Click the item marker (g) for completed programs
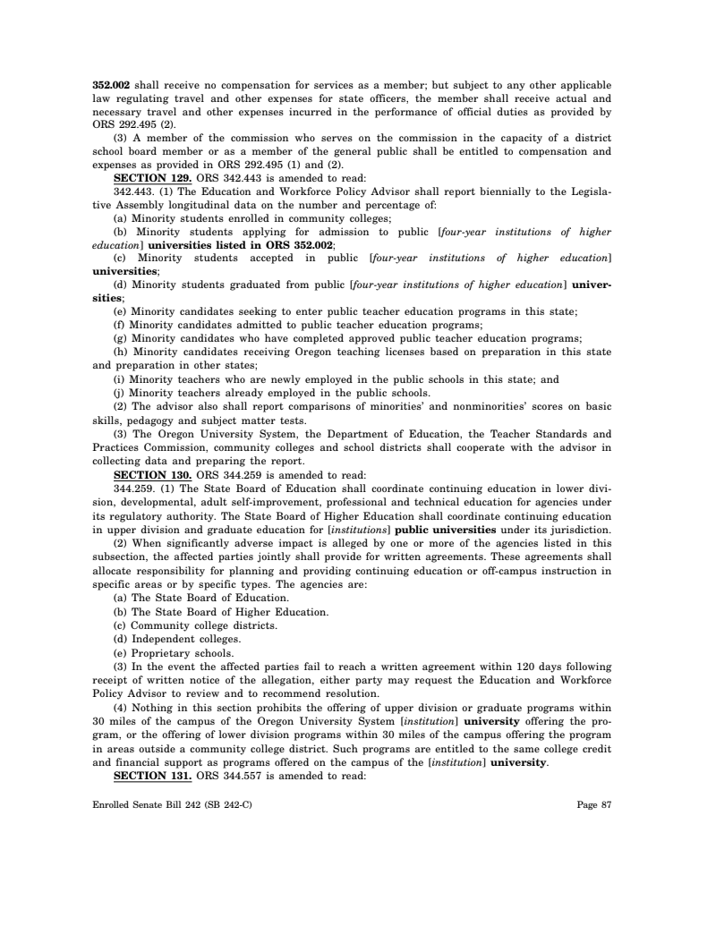point(120,339)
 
